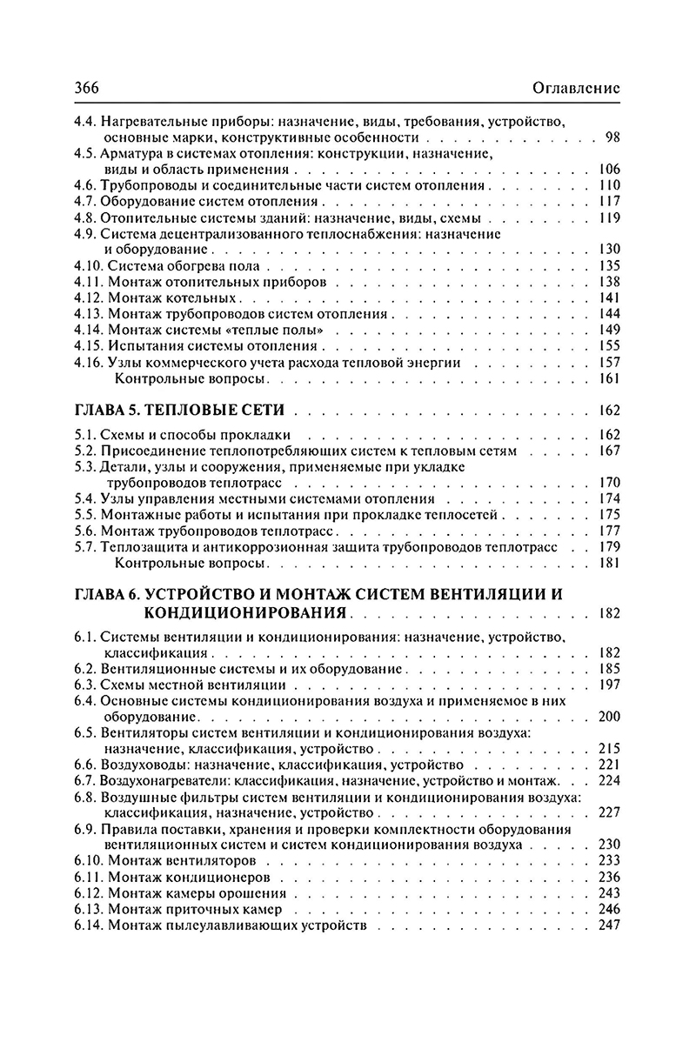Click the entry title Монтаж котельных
pyautogui.click(x=174, y=298)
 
